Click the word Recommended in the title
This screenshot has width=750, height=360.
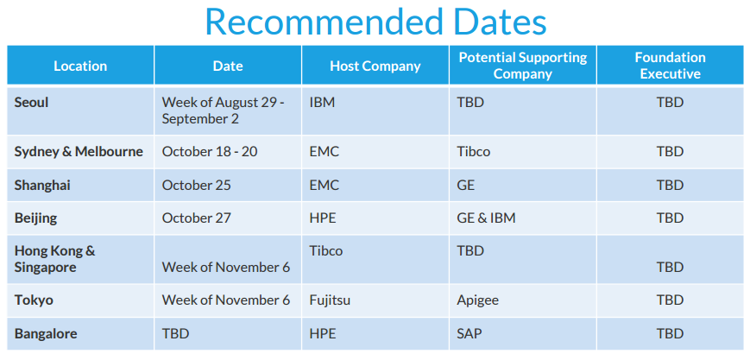tap(324, 22)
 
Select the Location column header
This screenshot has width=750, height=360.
tap(80, 66)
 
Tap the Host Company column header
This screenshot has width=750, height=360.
tap(375, 66)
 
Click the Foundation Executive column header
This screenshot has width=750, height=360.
tap(670, 66)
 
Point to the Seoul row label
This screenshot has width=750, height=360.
tap(32, 102)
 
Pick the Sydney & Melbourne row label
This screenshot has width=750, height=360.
tap(79, 152)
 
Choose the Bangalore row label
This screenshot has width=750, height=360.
tap(46, 334)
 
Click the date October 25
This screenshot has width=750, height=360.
tap(196, 186)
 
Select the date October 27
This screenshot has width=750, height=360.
tap(196, 218)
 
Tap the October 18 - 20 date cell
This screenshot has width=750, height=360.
tap(210, 152)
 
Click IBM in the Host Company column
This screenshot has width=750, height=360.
tap(322, 102)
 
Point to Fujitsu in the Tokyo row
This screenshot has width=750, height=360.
tap(330, 300)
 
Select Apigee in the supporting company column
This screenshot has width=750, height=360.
tap(478, 300)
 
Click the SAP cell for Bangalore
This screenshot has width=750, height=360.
tap(469, 334)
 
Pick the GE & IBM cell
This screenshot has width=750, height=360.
tap(487, 218)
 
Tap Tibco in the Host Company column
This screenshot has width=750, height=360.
tap(325, 251)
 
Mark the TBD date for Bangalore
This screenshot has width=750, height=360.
tap(175, 334)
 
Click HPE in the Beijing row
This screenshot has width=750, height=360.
tap(323, 218)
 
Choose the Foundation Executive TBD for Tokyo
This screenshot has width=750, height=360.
tap(670, 300)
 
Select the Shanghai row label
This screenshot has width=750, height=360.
tap(42, 186)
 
